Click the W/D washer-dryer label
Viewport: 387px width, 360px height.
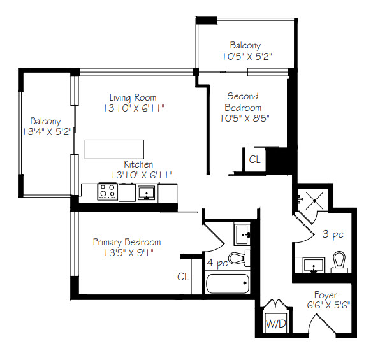[x=275, y=323]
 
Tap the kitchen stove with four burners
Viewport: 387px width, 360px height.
[x=107, y=191]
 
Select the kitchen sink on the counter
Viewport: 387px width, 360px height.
[x=146, y=192]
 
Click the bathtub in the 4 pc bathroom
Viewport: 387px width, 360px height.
[x=228, y=284]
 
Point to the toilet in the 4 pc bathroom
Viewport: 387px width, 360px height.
[x=239, y=258]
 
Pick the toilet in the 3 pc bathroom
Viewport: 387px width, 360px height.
[x=339, y=262]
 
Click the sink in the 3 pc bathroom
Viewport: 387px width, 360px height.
[x=314, y=266]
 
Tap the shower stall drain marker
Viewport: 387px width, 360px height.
[x=315, y=201]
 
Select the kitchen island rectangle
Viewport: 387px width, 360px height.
[x=114, y=149]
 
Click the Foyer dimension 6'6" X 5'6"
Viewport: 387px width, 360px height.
[x=328, y=305]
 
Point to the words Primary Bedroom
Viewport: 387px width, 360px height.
[x=127, y=242]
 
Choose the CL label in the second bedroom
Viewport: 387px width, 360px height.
[x=255, y=159]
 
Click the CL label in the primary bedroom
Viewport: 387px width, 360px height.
[x=183, y=277]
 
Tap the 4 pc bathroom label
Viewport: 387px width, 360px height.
[x=217, y=263]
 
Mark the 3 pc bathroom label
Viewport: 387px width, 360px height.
[x=333, y=234]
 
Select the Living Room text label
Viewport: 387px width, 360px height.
[x=133, y=97]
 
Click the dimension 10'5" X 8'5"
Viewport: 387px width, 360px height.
[x=245, y=119]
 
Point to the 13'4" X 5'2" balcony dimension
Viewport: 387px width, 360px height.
[x=47, y=132]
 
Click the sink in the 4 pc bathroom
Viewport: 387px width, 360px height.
[x=242, y=234]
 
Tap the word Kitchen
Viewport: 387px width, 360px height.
[x=138, y=164]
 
